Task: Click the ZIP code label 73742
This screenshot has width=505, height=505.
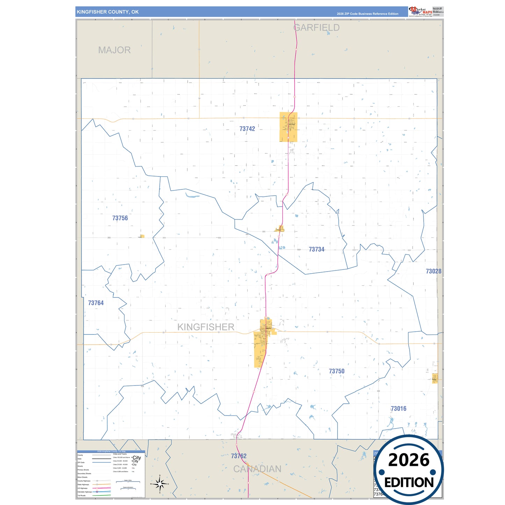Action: point(247,129)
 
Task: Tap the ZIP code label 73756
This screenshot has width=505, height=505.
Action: point(120,218)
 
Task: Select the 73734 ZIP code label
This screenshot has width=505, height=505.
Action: point(316,249)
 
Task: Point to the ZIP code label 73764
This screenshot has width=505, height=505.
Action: point(96,303)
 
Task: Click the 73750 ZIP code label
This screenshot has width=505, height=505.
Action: point(337,371)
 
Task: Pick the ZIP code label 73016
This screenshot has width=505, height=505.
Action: point(398,409)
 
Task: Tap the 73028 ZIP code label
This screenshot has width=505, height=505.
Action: point(433,271)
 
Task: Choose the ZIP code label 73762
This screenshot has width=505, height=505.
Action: point(239,456)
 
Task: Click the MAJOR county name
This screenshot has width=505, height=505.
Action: point(114,50)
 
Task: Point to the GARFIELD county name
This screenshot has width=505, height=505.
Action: point(317,28)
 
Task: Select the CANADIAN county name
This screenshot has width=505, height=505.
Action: point(257,469)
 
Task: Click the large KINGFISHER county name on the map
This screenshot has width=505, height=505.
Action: point(206,327)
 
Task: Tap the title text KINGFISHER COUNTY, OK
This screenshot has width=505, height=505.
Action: point(108,12)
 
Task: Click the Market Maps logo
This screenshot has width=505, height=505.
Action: point(420,12)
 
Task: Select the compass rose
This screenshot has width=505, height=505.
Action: point(160,484)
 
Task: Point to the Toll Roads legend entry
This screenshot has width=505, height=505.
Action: point(81,496)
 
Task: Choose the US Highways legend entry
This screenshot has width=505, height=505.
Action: point(82,488)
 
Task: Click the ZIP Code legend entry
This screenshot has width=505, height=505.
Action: point(81,462)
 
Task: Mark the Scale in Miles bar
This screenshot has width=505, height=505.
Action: point(128,482)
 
